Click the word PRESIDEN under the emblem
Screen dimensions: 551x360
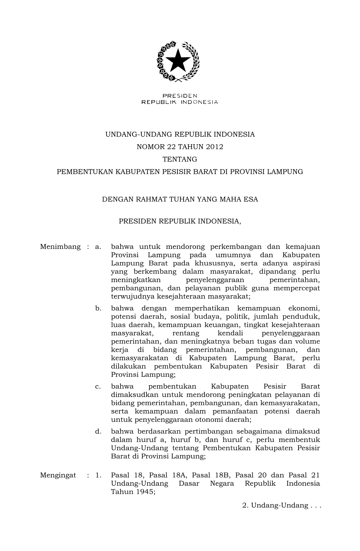click(180, 96)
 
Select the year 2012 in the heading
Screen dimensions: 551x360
click(214, 147)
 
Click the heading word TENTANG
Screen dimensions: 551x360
click(180, 159)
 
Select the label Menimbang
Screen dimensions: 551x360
click(60, 247)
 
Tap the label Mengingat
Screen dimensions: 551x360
click(58, 475)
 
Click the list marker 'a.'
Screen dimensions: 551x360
click(98, 247)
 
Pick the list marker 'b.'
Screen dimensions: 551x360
click(98, 308)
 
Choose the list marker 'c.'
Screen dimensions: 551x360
click(98, 386)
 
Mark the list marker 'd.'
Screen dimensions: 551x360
click(98, 432)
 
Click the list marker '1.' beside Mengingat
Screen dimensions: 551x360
click(98, 475)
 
